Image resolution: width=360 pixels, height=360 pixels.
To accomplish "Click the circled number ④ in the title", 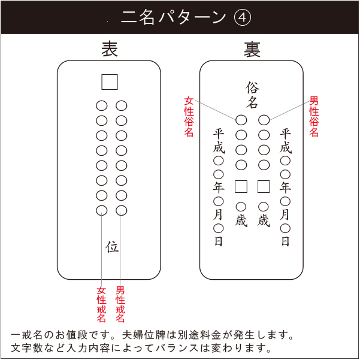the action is (x=242, y=18).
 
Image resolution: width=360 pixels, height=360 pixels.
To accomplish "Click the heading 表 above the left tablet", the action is (x=110, y=49).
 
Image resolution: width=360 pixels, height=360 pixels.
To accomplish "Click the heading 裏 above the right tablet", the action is (x=252, y=49).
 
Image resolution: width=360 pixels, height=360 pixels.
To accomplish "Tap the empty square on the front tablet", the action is (x=110, y=82).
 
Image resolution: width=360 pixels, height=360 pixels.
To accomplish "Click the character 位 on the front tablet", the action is (x=112, y=247).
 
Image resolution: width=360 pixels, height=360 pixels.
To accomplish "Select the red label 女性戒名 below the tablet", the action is (x=101, y=304).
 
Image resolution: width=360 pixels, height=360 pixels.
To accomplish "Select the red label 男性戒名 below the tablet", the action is (x=120, y=304).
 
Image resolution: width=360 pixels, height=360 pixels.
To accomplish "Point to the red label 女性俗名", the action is (x=189, y=117).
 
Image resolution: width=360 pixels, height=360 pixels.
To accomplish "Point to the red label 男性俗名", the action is (x=314, y=116).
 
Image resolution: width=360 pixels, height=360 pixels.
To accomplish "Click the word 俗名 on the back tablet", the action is (x=252, y=95).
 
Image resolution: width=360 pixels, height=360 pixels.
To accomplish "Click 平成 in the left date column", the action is (x=219, y=141).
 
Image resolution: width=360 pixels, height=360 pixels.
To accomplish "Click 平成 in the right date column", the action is (x=285, y=141).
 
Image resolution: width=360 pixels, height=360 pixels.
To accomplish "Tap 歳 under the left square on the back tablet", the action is (x=241, y=220).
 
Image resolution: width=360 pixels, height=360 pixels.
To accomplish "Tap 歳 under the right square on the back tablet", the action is (x=264, y=220).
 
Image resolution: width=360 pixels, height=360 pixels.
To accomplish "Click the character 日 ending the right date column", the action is (x=285, y=241).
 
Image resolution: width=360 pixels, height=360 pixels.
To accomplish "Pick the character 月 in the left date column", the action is (x=218, y=214).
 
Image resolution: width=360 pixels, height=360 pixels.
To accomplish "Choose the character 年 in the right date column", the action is (x=285, y=187).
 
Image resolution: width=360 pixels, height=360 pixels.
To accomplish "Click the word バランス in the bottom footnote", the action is (x=177, y=348).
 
